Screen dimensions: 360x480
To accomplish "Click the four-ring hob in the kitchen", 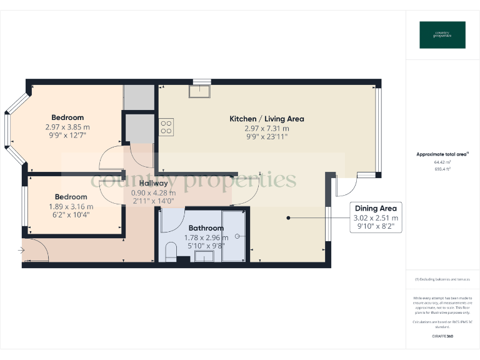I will [x=166, y=127].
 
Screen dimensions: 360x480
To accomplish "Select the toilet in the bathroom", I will [x=169, y=251].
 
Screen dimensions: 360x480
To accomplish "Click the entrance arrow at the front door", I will [x=22, y=251].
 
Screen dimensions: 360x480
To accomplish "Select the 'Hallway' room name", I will [x=153, y=183].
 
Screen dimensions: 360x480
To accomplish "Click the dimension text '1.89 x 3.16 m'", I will [x=71, y=206].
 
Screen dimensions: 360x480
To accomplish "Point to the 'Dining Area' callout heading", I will [x=376, y=208].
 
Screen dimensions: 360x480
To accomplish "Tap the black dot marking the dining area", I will [x=288, y=217].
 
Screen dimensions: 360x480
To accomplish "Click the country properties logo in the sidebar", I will [x=442, y=35].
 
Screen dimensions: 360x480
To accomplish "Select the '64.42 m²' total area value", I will [x=442, y=162].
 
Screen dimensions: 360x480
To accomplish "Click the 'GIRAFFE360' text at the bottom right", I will [x=442, y=336].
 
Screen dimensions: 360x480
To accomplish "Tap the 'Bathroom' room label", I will [x=206, y=228].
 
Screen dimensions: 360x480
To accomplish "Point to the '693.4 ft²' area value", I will [x=442, y=169].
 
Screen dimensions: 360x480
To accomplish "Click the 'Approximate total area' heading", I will [x=442, y=154].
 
